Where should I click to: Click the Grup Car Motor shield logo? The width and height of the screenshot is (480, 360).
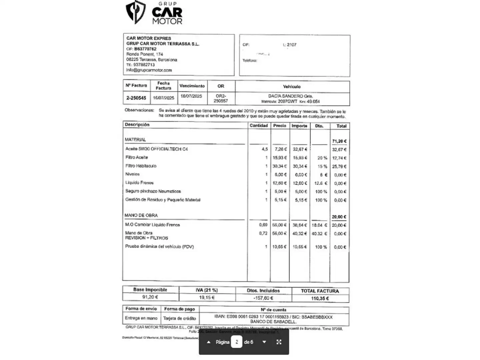tap(135, 12)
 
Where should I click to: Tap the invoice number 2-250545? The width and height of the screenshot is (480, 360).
tap(136, 98)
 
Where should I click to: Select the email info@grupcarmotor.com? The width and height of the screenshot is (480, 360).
tap(149, 70)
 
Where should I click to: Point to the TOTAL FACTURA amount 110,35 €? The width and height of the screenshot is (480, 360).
tap(320, 298)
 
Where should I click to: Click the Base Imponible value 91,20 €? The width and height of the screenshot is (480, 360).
tap(150, 297)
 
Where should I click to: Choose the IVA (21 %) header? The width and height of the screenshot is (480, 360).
tap(207, 290)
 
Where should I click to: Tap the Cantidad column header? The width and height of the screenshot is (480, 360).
tap(259, 126)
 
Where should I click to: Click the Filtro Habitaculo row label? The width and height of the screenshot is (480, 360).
tap(141, 166)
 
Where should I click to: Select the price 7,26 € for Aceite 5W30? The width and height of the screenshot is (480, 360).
tap(280, 149)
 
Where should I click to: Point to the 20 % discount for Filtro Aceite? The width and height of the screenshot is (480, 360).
tap(322, 158)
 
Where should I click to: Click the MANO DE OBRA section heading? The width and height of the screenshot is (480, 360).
tap(141, 215)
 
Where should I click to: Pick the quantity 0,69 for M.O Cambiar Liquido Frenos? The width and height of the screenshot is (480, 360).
tap(263, 225)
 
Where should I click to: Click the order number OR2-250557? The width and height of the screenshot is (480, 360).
tap(221, 98)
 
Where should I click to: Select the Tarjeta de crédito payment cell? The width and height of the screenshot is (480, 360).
tap(179, 318)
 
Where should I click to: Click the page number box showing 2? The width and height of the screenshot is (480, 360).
tap(237, 342)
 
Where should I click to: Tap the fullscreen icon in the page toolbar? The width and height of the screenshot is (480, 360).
tap(279, 342)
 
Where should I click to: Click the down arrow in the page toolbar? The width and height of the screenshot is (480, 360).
tap(264, 342)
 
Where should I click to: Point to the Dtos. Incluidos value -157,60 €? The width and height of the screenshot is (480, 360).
tap(263, 298)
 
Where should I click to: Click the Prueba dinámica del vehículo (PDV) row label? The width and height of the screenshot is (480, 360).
tap(159, 247)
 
